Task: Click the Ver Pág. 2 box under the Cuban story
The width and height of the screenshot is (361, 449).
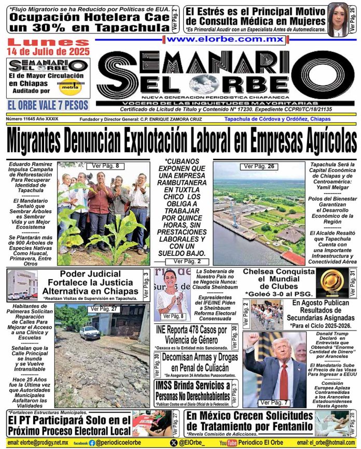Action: point(190,262)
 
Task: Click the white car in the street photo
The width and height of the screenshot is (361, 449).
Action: point(89,332)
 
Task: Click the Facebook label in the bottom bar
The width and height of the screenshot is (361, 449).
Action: point(80,443)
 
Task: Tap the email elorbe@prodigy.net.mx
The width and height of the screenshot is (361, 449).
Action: point(35,443)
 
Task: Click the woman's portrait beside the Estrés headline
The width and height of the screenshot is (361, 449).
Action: point(338,19)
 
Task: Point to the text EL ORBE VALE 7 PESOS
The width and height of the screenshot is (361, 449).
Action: point(48,105)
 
